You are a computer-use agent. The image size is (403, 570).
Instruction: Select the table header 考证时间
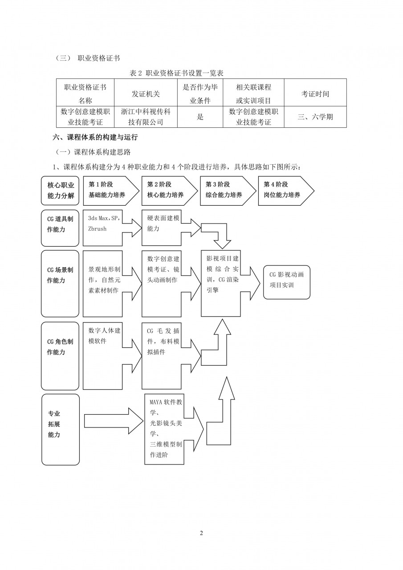pos(315,94)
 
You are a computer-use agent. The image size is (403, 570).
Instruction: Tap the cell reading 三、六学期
pos(315,117)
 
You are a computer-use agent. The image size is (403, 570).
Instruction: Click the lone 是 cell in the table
pos(200,117)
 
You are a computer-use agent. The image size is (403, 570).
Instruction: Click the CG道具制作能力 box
pos(60,228)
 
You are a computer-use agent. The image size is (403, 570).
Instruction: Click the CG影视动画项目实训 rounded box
pos(286,282)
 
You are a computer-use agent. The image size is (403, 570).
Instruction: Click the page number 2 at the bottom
pos(201,533)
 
